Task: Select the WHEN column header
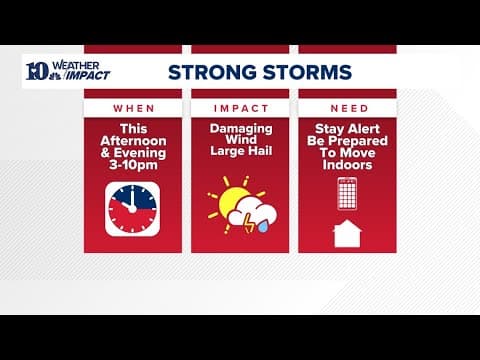coord(132,107)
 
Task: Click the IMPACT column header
coord(239,107)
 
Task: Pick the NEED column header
coord(347,107)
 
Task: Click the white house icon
coord(347,233)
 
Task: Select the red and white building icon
coord(347,192)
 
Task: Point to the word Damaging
coord(240,130)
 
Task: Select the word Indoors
coord(347,166)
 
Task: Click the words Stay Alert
coord(347,130)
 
